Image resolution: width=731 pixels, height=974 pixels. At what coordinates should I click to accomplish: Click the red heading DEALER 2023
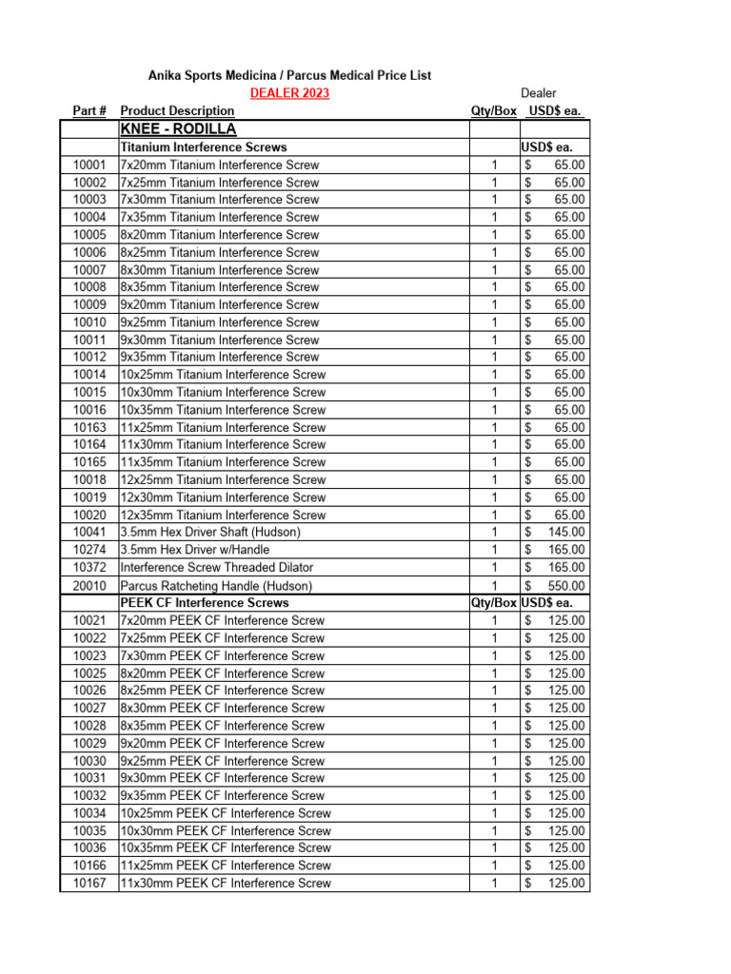[289, 93]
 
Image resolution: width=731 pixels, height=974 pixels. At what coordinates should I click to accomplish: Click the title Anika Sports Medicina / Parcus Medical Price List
[289, 75]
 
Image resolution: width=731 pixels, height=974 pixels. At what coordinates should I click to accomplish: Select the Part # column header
[89, 111]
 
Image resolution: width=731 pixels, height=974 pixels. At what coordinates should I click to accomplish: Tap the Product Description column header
[177, 111]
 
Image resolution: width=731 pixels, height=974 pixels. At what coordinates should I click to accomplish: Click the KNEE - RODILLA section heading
[178, 129]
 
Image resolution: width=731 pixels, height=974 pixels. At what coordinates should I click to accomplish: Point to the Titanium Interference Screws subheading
[204, 147]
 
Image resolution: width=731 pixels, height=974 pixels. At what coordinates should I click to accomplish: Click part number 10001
[89, 165]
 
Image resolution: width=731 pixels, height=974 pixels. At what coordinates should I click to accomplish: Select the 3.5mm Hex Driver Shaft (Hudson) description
[210, 532]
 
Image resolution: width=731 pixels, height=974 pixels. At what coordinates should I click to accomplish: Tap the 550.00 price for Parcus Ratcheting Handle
[566, 586]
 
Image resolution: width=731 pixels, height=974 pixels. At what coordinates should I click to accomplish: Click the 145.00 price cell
[566, 532]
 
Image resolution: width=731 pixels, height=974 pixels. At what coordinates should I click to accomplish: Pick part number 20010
[89, 586]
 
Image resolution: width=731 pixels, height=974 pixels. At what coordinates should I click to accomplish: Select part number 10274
[89, 550]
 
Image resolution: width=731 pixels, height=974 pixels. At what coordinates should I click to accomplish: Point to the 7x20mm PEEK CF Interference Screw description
[223, 620]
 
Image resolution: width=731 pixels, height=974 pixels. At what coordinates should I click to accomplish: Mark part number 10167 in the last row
[89, 884]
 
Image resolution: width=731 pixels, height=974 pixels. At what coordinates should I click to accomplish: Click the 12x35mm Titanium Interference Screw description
[223, 515]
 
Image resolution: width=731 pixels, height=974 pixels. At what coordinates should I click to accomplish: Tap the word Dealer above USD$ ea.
[539, 93]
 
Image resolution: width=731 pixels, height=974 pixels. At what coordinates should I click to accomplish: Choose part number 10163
[89, 427]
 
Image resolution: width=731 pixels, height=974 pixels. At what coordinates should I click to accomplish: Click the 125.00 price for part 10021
[566, 620]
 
